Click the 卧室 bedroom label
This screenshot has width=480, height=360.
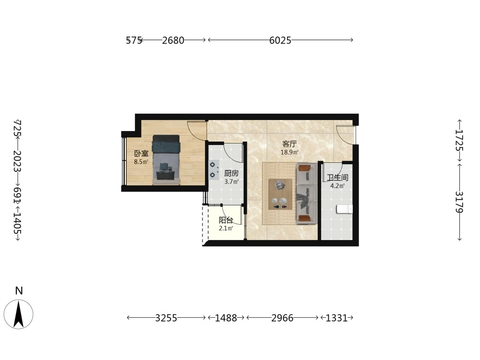141,154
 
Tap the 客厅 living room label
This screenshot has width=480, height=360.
289,144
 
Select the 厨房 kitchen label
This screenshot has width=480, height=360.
231,173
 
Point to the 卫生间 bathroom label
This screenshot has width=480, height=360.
337,178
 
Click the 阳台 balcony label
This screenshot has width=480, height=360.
226,220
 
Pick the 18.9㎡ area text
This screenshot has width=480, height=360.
289,152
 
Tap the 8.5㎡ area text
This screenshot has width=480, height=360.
141,162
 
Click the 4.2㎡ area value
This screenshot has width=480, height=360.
337,186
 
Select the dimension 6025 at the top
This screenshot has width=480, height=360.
280,40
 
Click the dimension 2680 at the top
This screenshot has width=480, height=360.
173,40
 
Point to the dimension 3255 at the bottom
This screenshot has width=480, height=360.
166,318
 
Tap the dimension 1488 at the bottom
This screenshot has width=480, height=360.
226,318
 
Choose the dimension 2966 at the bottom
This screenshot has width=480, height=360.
282,318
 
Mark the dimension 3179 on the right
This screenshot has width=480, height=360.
459,202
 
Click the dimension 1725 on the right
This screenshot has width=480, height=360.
459,140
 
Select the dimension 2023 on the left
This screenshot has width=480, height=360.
17,161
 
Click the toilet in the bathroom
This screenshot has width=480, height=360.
344,209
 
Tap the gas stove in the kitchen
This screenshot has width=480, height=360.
214,169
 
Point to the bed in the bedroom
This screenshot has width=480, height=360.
166,160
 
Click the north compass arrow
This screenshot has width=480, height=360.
19,314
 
